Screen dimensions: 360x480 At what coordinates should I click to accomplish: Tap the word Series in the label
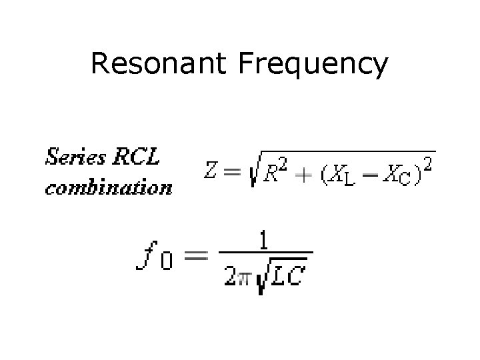tap(75, 157)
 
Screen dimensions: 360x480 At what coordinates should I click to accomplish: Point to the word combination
tap(108, 187)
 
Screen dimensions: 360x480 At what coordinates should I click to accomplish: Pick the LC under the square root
tap(287, 275)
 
